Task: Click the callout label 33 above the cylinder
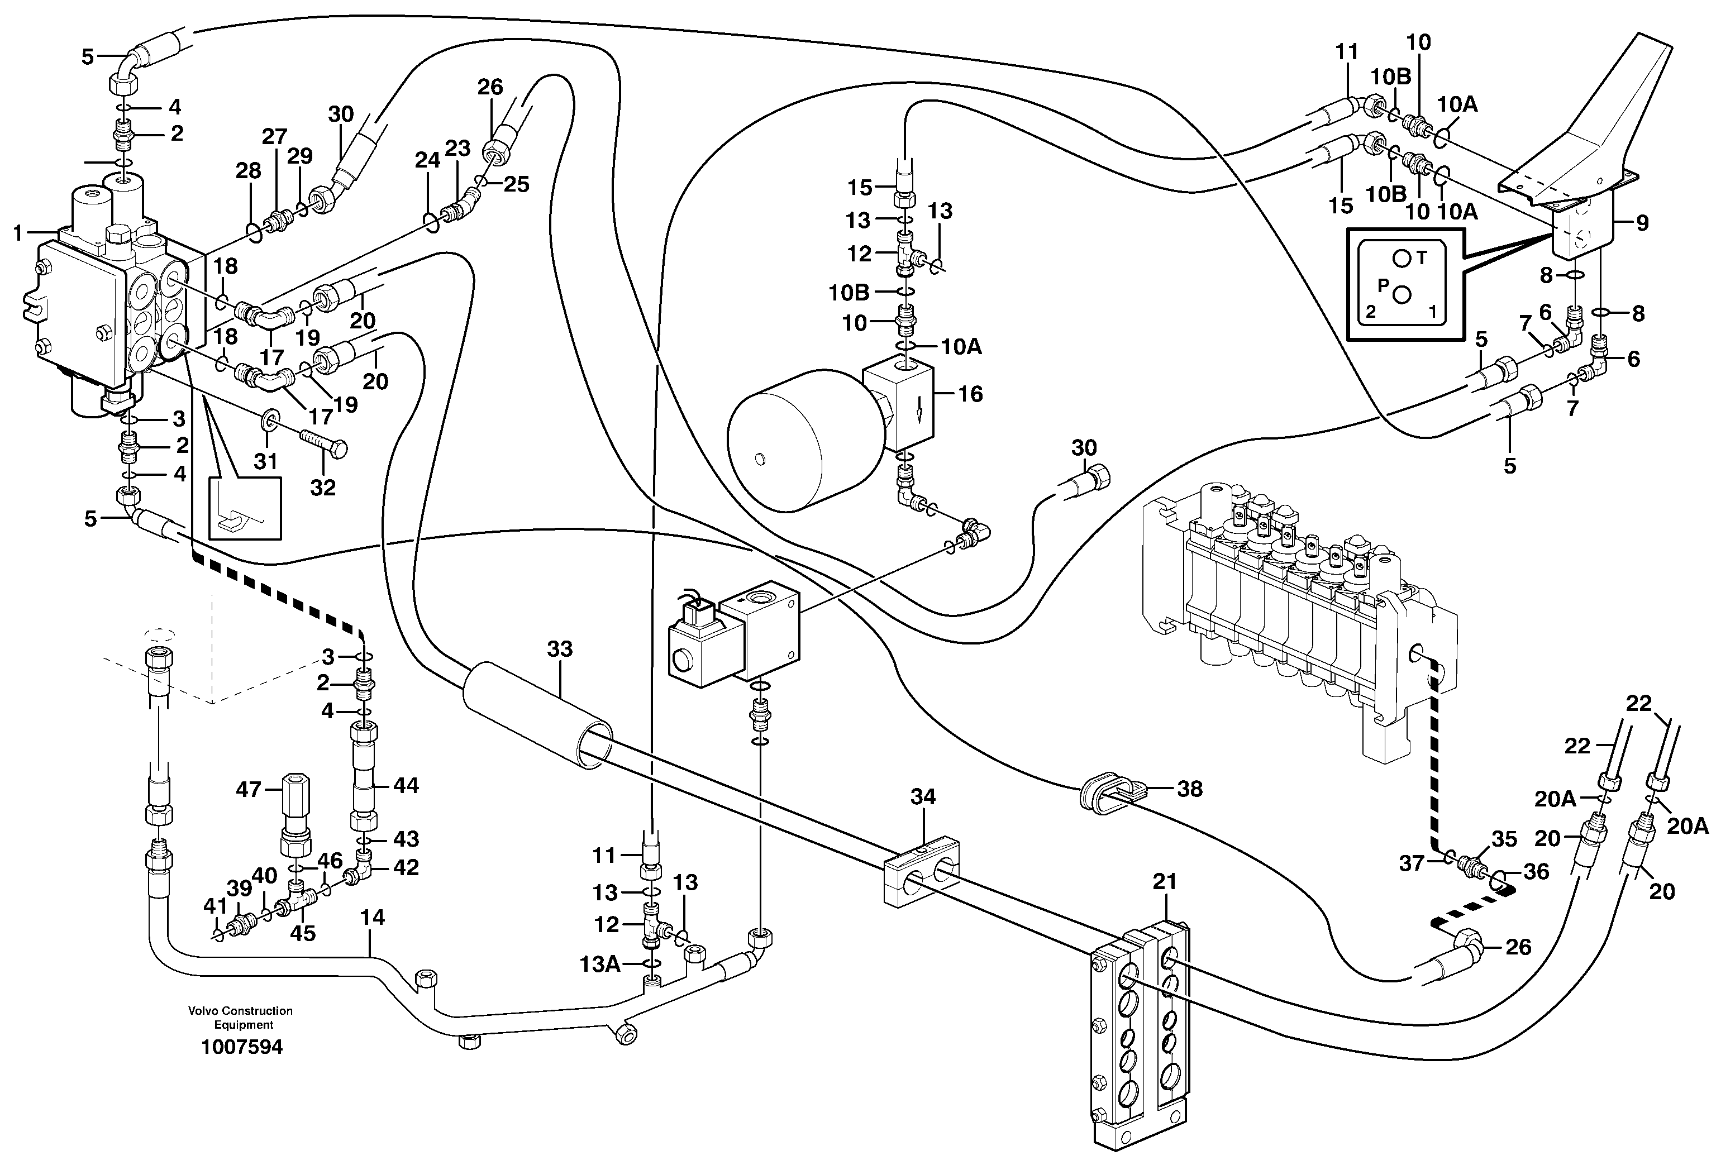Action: (560, 649)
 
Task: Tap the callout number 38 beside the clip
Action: (1189, 789)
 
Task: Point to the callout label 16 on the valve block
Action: (970, 394)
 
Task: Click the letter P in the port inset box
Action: (1383, 285)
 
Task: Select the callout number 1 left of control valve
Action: (18, 233)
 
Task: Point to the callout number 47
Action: (249, 789)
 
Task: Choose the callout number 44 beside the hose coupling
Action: (406, 786)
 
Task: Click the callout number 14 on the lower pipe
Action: (373, 918)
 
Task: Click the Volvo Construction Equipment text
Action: (241, 1018)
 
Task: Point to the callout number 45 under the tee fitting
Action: (303, 933)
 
